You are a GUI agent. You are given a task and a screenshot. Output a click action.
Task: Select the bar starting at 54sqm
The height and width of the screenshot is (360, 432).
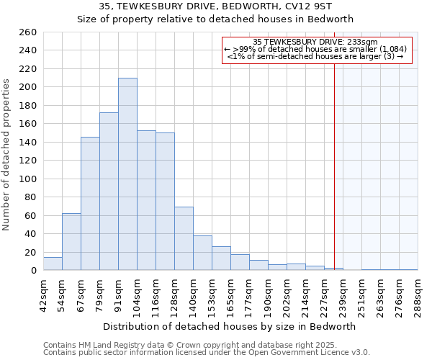click(71, 242)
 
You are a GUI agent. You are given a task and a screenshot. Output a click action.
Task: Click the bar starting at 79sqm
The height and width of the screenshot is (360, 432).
click(109, 192)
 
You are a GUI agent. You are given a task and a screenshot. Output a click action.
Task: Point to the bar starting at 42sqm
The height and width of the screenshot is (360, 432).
click(53, 264)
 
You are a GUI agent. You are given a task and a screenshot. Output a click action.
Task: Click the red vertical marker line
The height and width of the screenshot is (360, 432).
click(334, 158)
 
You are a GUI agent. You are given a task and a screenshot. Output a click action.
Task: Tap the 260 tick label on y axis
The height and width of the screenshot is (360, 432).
click(27, 32)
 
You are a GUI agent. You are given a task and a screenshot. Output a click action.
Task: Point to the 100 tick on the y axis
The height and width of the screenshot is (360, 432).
click(27, 179)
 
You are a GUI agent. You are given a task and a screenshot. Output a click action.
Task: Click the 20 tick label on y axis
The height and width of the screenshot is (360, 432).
click(30, 252)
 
